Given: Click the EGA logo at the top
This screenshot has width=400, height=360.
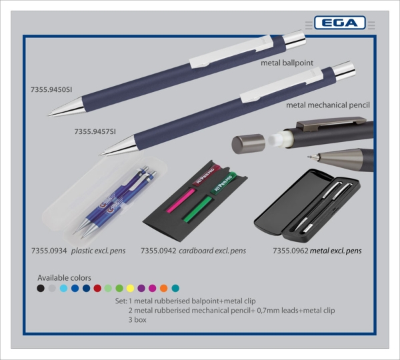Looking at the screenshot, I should [x=339, y=23].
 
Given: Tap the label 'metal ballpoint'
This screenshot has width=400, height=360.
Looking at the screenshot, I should [x=287, y=63].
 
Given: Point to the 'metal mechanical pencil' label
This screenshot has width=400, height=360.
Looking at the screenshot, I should [x=327, y=105].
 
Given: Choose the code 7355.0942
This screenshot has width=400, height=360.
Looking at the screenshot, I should [x=158, y=251].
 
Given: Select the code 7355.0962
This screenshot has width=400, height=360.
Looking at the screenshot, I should [x=291, y=251].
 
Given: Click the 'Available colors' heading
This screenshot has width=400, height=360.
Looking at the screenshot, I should [x=64, y=277].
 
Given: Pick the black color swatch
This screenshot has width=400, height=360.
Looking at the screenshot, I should [x=41, y=289].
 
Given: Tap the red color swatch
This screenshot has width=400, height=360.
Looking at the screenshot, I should [x=97, y=289].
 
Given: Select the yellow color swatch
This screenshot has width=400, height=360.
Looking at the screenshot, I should [x=131, y=289].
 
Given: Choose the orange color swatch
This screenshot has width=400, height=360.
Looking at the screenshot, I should [x=164, y=289].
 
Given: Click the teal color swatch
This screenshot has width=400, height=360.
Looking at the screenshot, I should [x=175, y=289].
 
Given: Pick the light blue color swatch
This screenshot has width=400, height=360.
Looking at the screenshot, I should [x=63, y=289].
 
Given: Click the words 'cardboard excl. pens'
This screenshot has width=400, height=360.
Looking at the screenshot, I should [x=213, y=251].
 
